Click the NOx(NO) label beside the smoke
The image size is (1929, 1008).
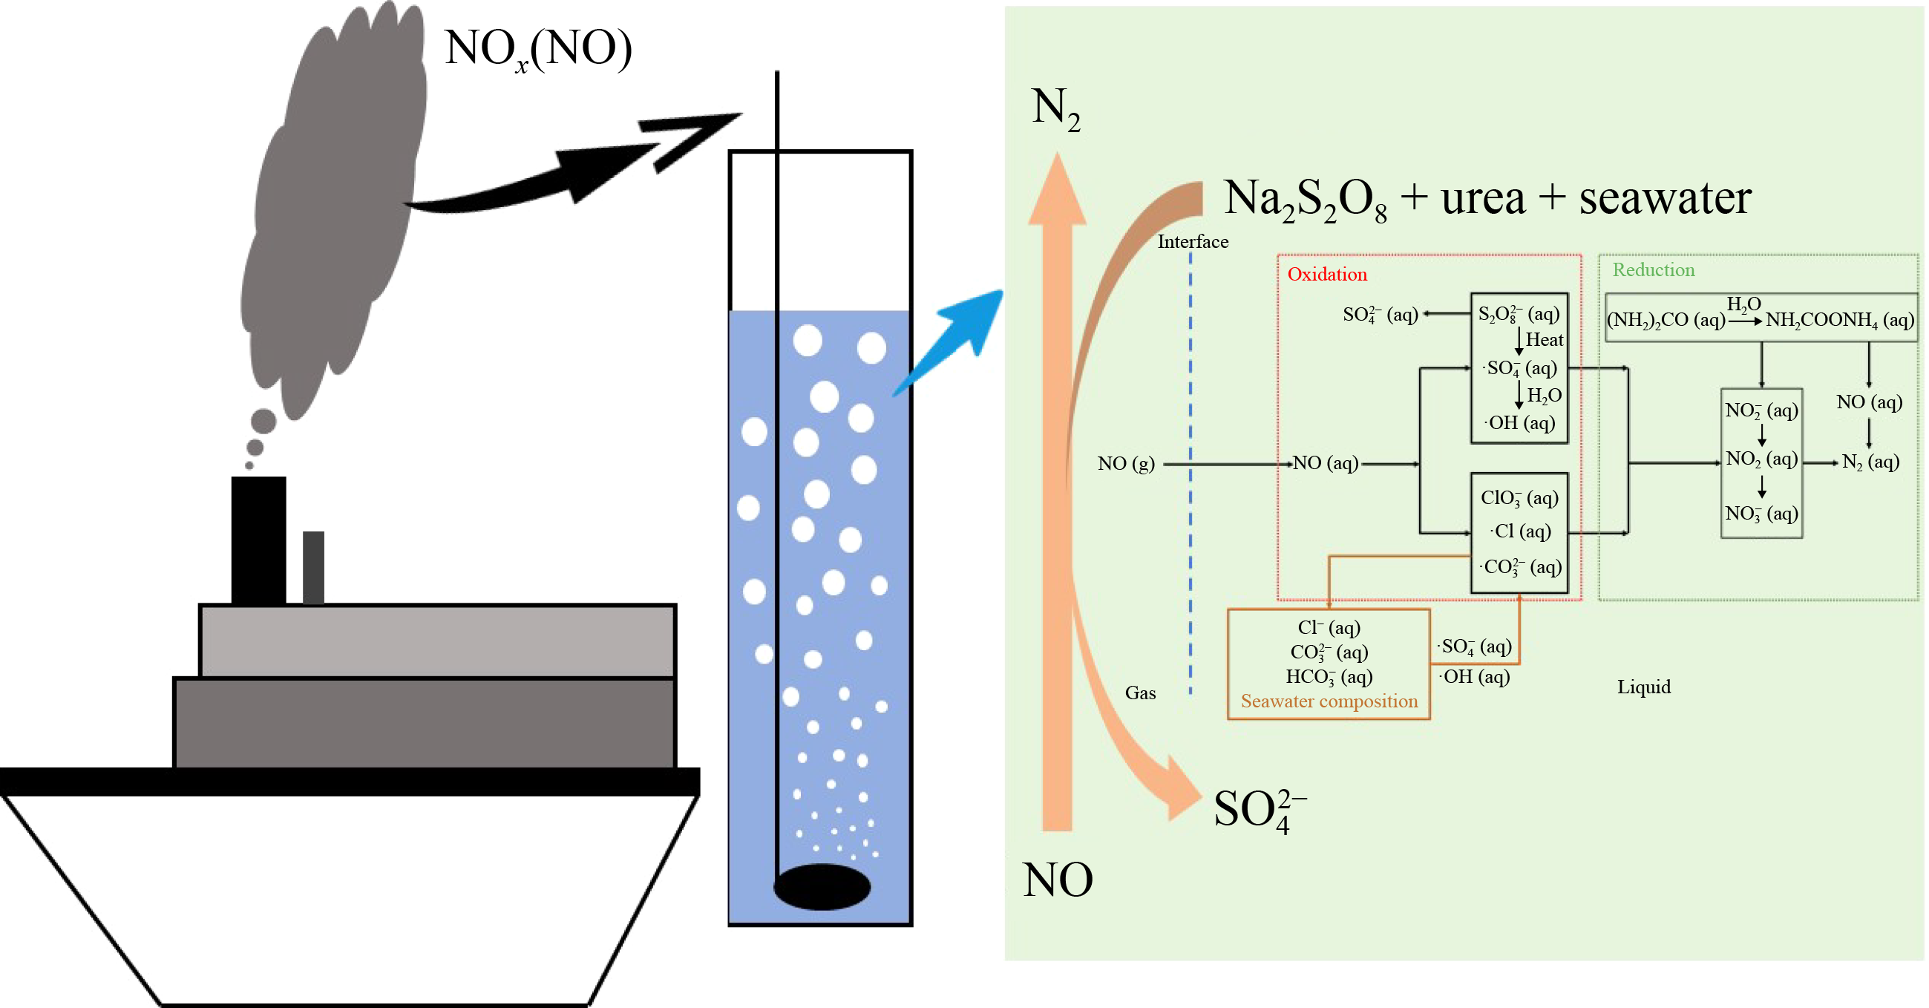pos(537,50)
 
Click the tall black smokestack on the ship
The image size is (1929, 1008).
pos(258,539)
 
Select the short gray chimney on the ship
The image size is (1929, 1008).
pos(313,567)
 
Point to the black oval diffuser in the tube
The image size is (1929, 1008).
pos(822,887)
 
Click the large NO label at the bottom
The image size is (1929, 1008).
pos(1058,880)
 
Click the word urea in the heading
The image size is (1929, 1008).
pos(1482,198)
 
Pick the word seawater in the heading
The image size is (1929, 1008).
pos(1665,198)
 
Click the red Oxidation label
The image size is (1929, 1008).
pos(1327,274)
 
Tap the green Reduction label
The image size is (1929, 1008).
pos(1653,269)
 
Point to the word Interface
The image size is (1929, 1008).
pos(1192,242)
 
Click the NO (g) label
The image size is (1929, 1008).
pos(1125,464)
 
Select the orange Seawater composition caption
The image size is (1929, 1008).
pos(1329,701)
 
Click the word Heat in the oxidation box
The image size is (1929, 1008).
pos(1544,340)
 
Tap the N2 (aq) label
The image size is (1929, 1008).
pos(1870,462)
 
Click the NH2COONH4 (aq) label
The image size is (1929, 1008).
pos(1839,321)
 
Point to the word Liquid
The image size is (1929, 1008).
pos(1643,687)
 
